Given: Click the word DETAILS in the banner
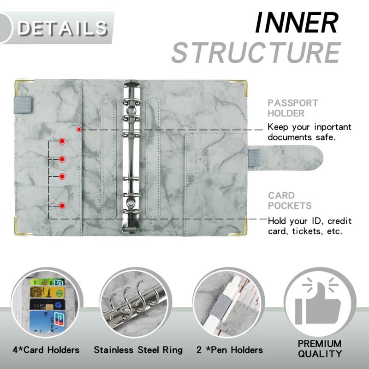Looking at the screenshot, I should coord(62,28).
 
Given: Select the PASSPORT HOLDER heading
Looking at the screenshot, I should coord(293,108).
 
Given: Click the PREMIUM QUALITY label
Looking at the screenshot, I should coord(320,349).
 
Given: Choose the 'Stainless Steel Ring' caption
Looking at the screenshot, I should coord(138,350).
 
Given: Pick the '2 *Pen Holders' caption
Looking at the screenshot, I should coord(230,350).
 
